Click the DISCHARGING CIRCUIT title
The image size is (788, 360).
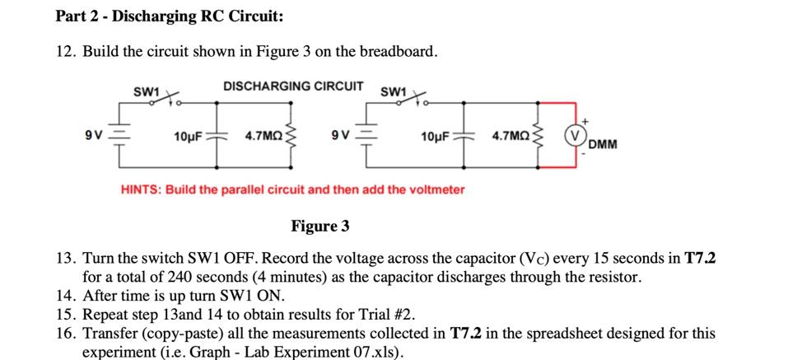(x=292, y=86)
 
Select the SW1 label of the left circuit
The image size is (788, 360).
(x=146, y=91)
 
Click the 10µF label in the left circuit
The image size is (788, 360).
(x=190, y=135)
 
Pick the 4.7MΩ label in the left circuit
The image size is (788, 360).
(x=263, y=135)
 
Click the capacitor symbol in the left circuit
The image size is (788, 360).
(x=217, y=135)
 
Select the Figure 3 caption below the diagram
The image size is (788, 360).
(x=320, y=226)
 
